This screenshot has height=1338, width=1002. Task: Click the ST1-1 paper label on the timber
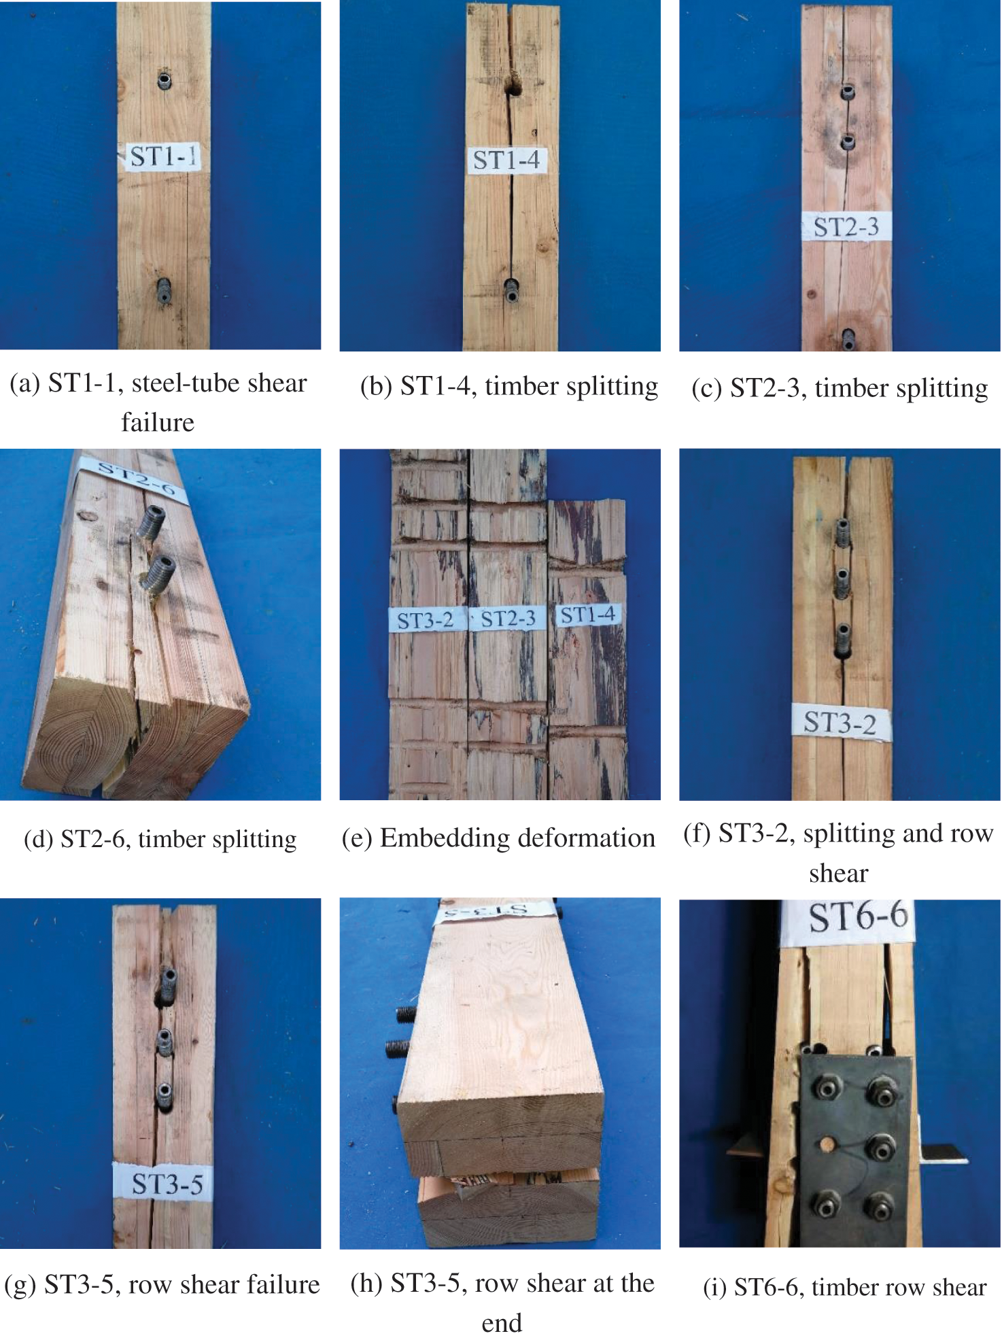tap(163, 156)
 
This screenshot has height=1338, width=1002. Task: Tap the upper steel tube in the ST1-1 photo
tap(165, 80)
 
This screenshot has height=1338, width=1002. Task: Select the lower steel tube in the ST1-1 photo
tap(164, 290)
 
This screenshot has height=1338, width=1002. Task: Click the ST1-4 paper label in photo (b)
tap(507, 160)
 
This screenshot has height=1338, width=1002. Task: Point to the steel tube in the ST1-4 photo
tap(512, 290)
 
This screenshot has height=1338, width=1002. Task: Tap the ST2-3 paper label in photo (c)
tap(846, 226)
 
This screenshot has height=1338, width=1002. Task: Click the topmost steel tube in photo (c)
tap(848, 92)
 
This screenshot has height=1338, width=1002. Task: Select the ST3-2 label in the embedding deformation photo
tap(426, 620)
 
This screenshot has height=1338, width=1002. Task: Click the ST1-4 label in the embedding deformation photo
tap(587, 615)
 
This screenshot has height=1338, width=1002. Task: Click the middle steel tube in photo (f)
tap(842, 582)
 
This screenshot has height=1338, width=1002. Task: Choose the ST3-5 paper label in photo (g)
tap(167, 1184)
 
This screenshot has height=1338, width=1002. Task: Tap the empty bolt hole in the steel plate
tap(827, 1145)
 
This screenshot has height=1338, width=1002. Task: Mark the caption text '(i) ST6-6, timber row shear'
tap(845, 1287)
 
